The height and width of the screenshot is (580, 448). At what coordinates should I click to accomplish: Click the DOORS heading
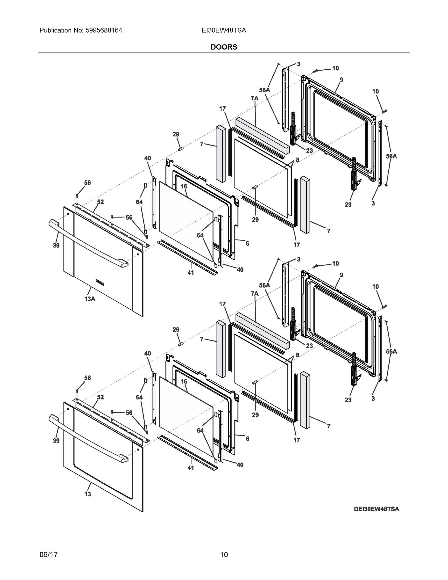(224, 47)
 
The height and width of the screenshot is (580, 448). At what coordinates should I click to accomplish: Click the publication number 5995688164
(104, 30)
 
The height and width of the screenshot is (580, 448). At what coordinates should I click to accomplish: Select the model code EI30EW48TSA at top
(224, 30)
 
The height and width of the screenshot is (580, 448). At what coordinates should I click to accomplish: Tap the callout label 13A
(90, 299)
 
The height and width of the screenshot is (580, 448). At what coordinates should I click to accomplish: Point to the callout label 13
(88, 494)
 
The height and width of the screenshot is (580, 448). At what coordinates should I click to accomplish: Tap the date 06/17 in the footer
(49, 555)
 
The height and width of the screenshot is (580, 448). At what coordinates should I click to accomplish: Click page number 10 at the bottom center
(224, 555)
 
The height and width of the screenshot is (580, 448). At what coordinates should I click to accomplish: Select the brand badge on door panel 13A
(100, 282)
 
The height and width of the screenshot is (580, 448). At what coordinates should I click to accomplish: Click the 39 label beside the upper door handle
(56, 245)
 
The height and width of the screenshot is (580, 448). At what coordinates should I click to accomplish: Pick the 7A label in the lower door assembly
(254, 293)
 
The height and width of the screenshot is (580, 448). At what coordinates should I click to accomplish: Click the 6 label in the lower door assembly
(247, 439)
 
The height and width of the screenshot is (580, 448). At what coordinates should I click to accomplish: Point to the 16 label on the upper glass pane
(184, 186)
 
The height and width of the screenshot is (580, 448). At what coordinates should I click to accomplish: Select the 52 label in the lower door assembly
(100, 397)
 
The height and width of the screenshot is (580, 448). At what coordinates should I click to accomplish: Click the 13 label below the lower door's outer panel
(88, 494)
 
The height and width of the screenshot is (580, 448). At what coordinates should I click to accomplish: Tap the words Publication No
(61, 30)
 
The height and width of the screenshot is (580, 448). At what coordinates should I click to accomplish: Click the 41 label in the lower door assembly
(191, 468)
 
